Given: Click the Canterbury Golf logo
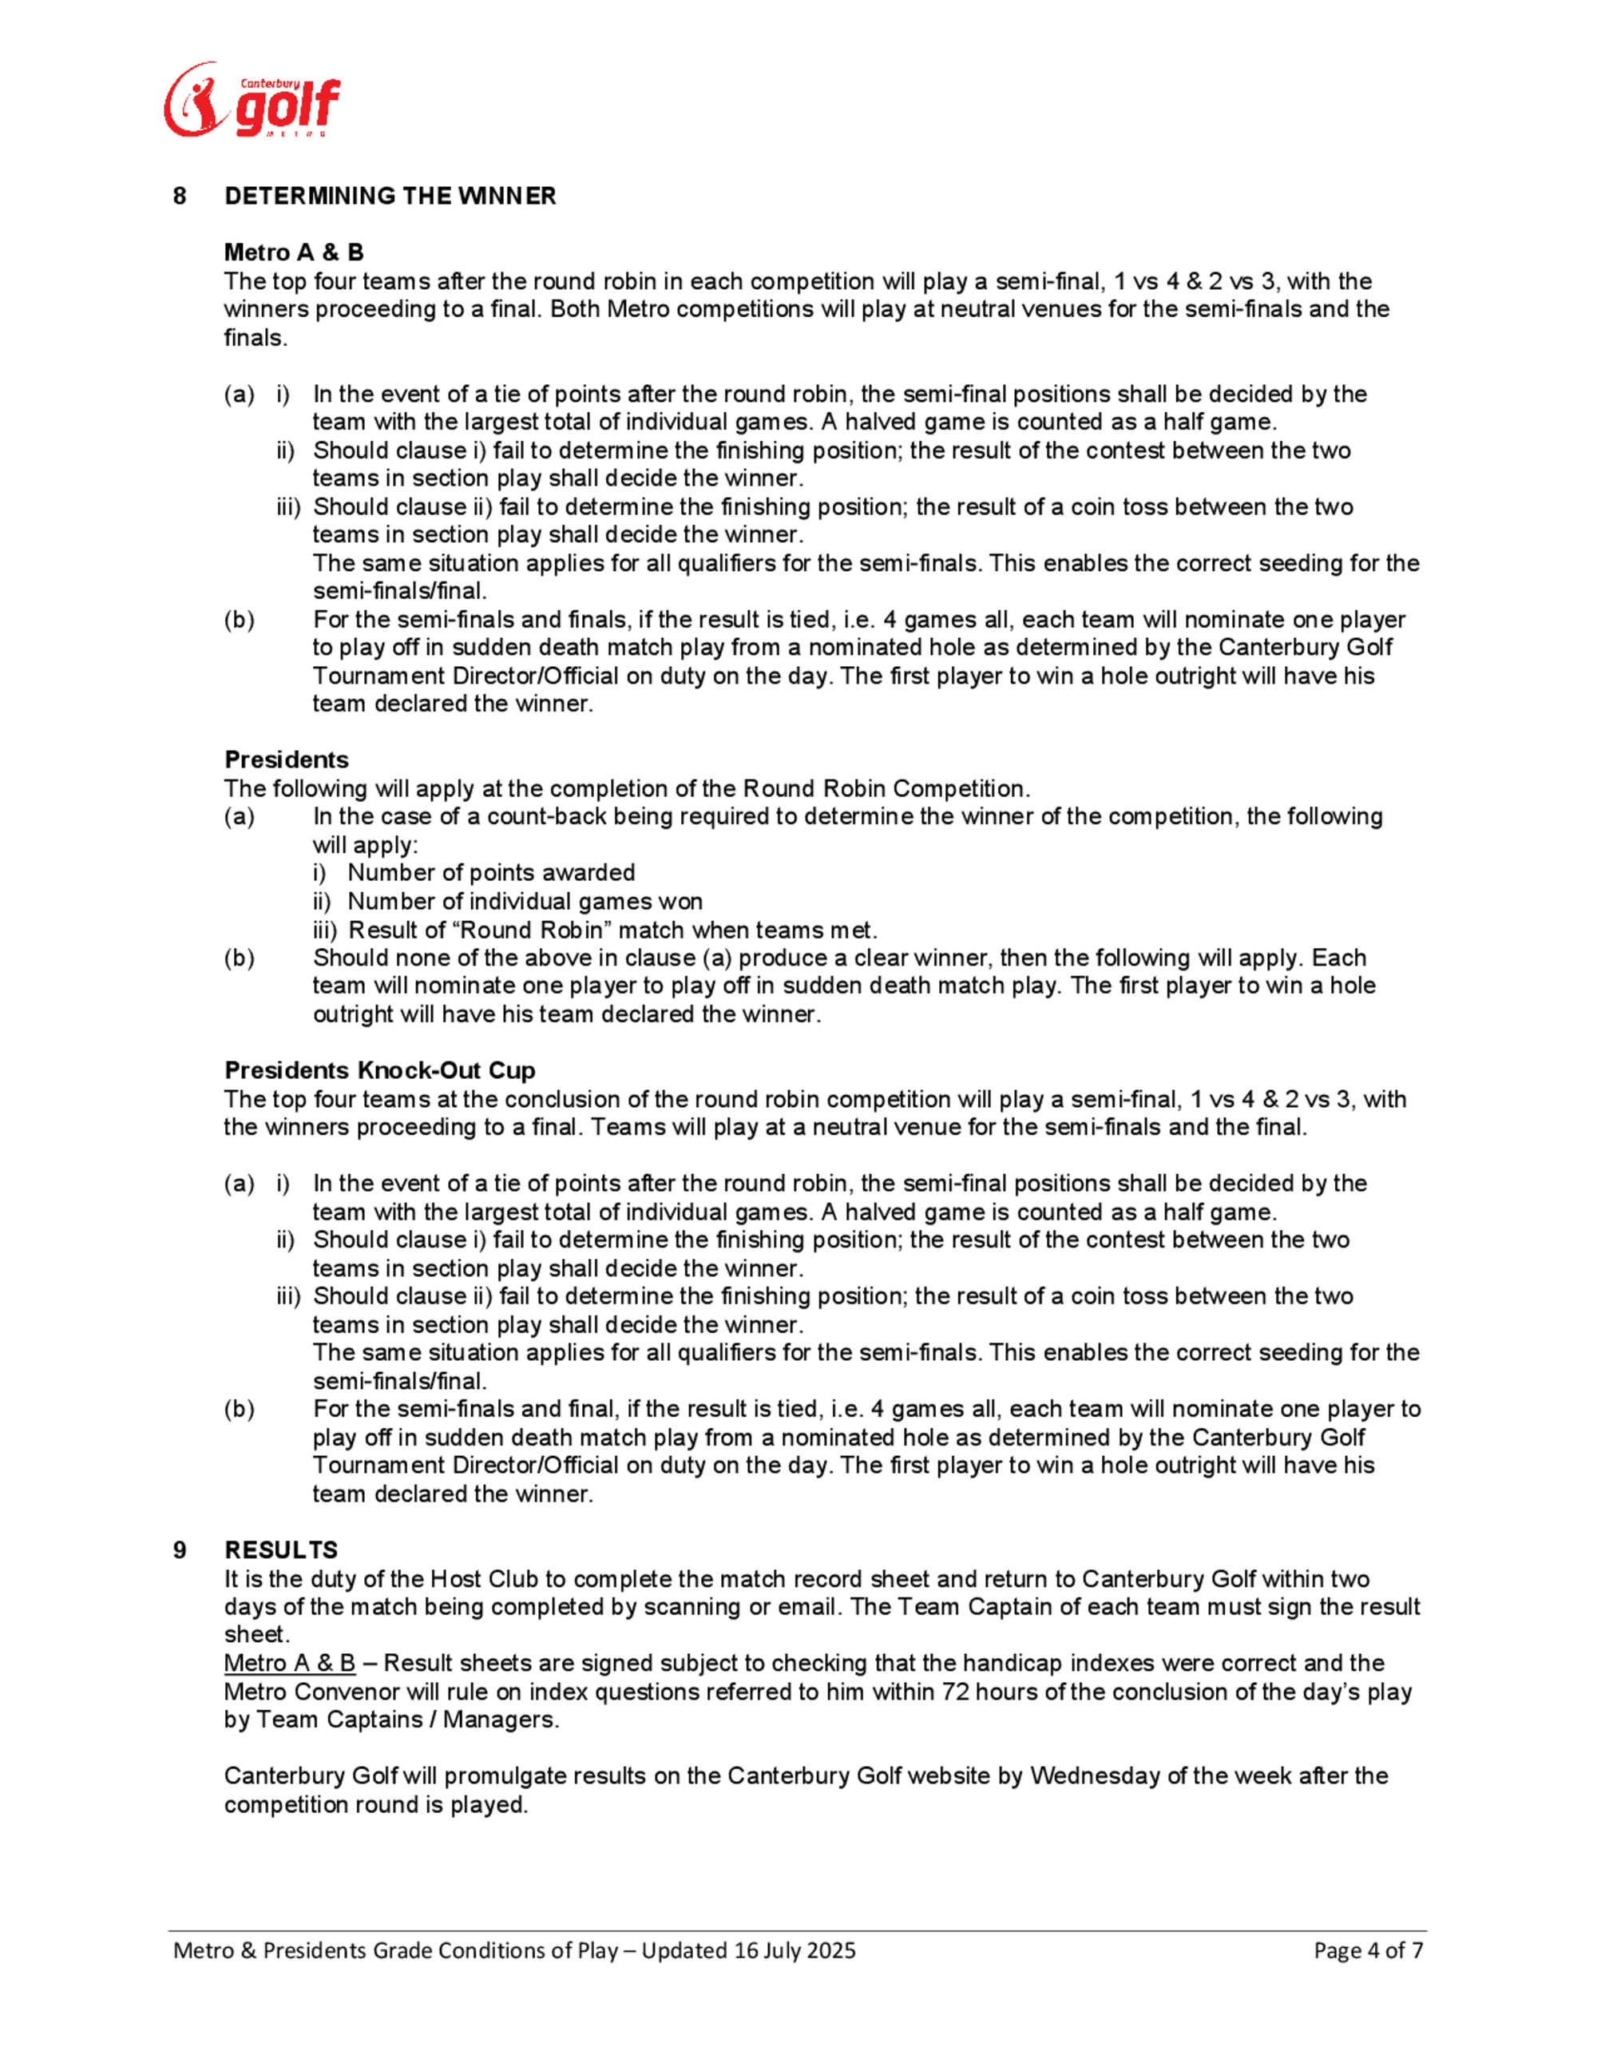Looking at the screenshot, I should [x=252, y=101].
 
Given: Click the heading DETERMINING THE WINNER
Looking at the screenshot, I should [x=390, y=196].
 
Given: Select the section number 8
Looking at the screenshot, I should [x=180, y=196].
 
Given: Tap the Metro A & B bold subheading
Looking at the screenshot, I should [x=293, y=252].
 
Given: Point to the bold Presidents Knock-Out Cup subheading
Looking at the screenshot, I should [x=379, y=1069].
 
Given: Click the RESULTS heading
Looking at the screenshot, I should [x=281, y=1549].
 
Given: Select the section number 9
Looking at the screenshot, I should [x=180, y=1549].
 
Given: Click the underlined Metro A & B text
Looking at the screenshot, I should [x=290, y=1663].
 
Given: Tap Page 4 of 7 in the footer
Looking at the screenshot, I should [x=1368, y=1950].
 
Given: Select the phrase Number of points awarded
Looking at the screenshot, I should [x=491, y=873].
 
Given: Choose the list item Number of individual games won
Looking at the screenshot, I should [x=525, y=901].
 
